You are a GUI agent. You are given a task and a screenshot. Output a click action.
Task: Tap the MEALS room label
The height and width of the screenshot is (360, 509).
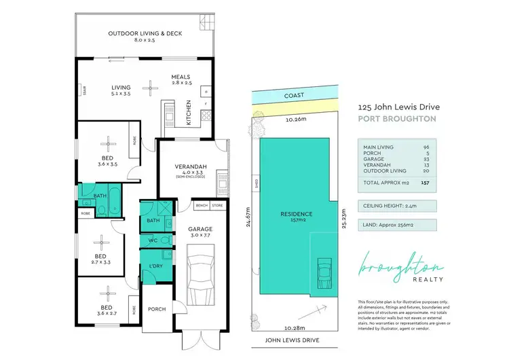pyautogui.click(x=181, y=77)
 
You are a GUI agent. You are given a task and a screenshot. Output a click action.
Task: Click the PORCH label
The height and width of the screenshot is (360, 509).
pyautogui.click(x=157, y=309)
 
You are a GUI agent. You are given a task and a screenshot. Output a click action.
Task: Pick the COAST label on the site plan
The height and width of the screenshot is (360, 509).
pyautogui.click(x=294, y=96)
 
